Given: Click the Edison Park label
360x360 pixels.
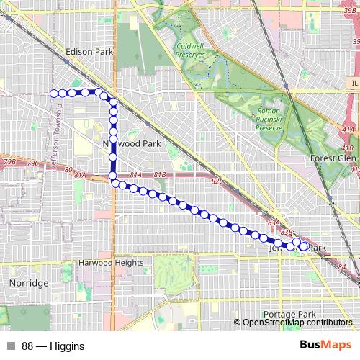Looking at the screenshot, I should click(89, 52).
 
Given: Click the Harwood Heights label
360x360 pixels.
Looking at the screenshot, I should click(112, 263).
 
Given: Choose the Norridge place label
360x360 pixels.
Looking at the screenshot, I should click(29, 283).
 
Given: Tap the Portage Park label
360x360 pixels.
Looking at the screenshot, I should click(289, 315).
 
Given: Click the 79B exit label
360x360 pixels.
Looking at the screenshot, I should click(9, 163).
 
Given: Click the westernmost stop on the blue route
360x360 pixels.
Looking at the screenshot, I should click(53, 93).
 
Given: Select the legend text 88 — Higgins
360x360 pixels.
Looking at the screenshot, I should click(53, 346).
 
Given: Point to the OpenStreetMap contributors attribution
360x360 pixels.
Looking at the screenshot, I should click(297, 323).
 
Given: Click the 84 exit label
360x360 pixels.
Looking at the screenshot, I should click(342, 268).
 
